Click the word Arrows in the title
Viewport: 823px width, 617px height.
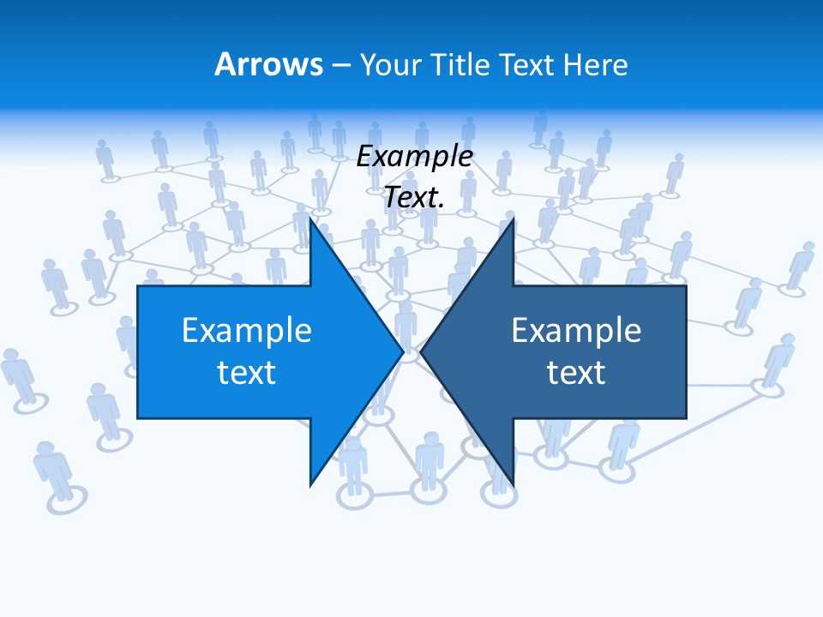[x=268, y=64]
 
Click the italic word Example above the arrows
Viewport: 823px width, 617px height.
[x=415, y=157]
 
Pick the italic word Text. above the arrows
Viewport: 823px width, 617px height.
[x=415, y=197]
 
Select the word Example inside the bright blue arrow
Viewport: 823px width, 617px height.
[x=247, y=331]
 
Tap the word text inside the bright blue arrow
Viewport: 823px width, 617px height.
[x=247, y=372]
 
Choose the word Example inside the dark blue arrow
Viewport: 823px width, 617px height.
[x=576, y=331]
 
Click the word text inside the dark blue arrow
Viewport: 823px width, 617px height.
[x=576, y=372]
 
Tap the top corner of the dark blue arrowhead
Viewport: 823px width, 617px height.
[x=513, y=219]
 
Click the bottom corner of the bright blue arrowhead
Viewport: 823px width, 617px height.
[x=310, y=484]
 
